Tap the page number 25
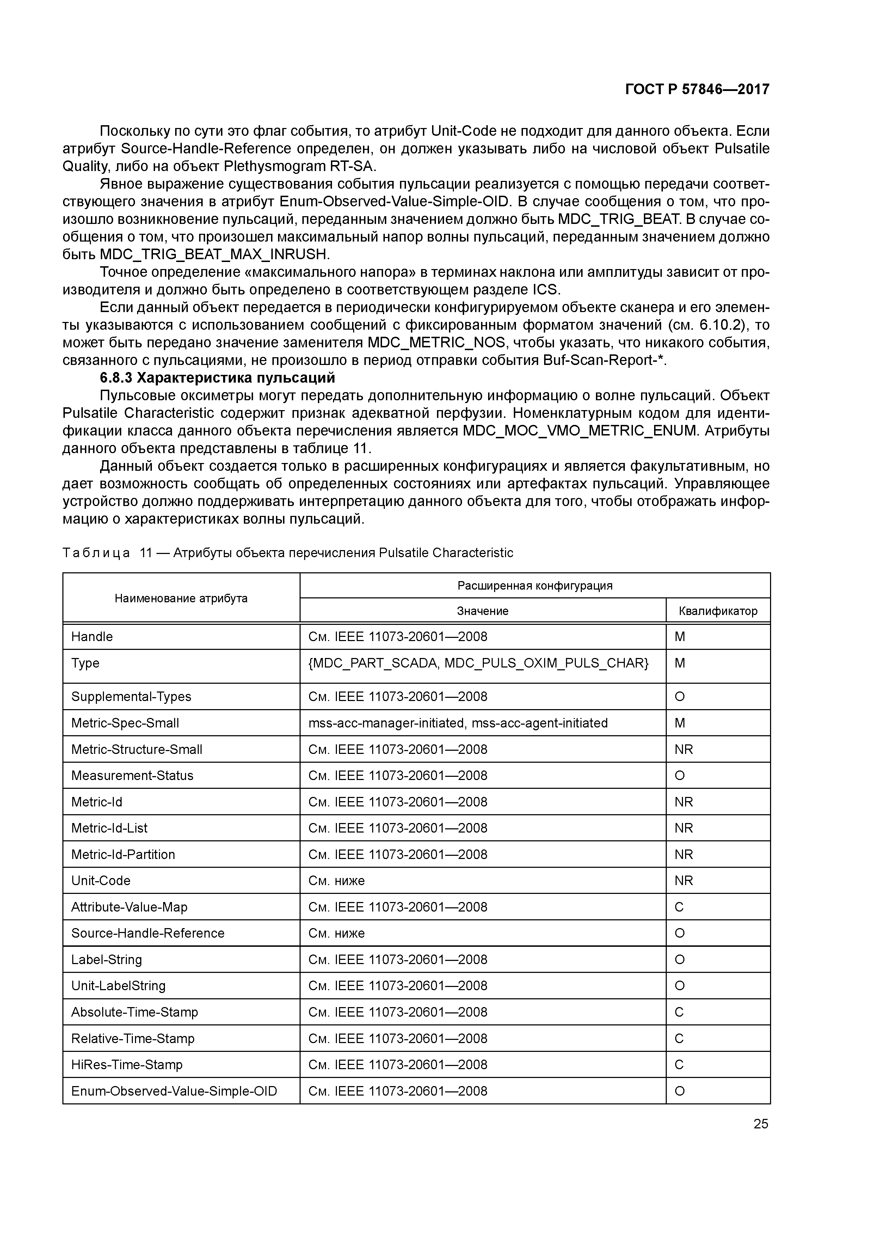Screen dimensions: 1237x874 click(761, 1124)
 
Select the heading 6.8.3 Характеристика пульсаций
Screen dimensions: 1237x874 click(217, 378)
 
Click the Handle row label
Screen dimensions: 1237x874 click(92, 637)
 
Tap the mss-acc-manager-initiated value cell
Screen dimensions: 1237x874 click(458, 723)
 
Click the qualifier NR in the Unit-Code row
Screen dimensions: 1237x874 click(683, 881)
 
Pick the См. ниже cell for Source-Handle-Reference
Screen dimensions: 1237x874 click(337, 933)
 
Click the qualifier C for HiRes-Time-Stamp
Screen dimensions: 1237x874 click(679, 1065)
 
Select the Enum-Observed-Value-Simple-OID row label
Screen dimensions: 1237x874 click(174, 1091)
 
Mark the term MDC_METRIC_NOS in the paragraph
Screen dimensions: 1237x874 click(436, 343)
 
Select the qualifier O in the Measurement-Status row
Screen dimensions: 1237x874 click(679, 776)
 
